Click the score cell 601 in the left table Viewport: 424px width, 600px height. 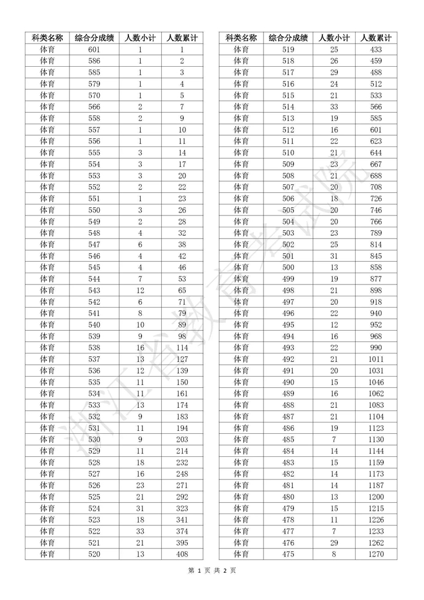pyautogui.click(x=94, y=50)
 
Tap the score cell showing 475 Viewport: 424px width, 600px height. pyautogui.click(x=288, y=554)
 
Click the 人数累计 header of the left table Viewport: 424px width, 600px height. pyautogui.click(x=182, y=38)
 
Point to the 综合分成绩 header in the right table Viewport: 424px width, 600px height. pyautogui.click(x=288, y=38)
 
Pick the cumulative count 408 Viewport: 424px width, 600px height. pyautogui.click(x=182, y=554)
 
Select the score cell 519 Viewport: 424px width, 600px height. pyautogui.click(x=288, y=50)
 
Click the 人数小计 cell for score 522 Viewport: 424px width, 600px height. pyautogui.click(x=140, y=530)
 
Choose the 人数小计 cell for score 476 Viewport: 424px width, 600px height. pyautogui.click(x=334, y=542)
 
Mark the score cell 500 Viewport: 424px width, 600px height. pyautogui.click(x=288, y=266)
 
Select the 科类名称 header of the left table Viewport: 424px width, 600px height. pyautogui.click(x=47, y=38)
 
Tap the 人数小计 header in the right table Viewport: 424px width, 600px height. pyautogui.click(x=334, y=38)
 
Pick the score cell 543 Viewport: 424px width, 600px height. pyautogui.click(x=94, y=290)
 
